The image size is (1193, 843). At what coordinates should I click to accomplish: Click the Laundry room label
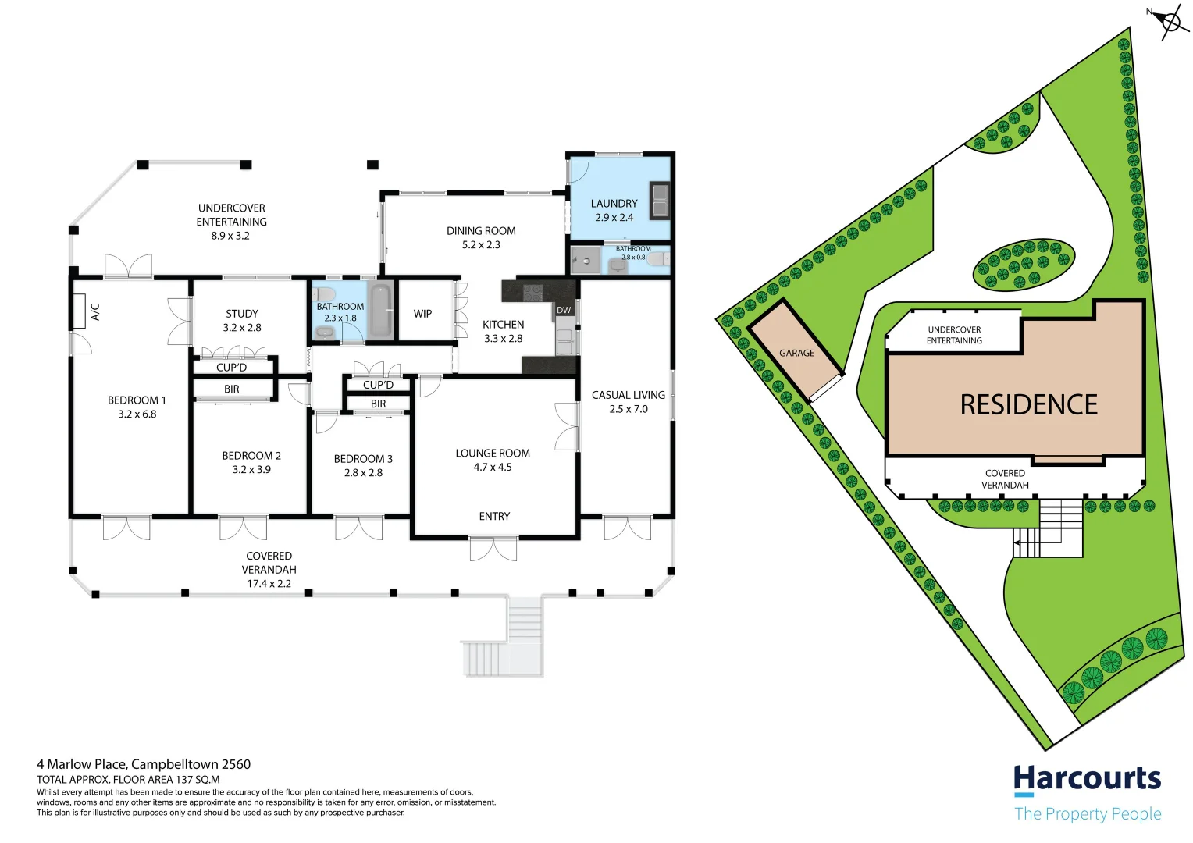(614, 204)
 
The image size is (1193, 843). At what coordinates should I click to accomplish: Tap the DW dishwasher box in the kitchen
(564, 310)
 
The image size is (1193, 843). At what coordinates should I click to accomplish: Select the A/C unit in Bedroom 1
(80, 311)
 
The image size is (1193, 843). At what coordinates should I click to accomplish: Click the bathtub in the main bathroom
(380, 311)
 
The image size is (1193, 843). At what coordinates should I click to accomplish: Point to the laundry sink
(660, 199)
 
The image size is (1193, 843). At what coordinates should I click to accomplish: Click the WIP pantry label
(422, 314)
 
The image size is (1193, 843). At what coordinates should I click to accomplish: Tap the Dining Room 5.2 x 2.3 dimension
(481, 245)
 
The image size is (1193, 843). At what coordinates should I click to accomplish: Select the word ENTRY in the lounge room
(494, 517)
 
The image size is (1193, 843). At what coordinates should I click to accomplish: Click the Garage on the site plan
(796, 354)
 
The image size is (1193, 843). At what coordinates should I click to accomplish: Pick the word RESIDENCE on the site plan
(1028, 404)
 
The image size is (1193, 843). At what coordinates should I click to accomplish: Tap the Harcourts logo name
(1087, 779)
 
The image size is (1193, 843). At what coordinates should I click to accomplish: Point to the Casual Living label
(628, 395)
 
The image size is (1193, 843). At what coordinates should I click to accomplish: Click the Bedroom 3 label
(363, 459)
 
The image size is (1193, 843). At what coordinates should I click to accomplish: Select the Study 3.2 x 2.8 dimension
(242, 328)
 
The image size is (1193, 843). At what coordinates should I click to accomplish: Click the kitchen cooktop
(532, 292)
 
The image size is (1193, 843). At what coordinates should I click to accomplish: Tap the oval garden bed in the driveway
(1024, 264)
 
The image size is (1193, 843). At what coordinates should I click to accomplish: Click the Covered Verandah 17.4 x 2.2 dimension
(269, 584)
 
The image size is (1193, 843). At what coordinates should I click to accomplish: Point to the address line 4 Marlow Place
(144, 764)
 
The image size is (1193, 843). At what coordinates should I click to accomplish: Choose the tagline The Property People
(1087, 814)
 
